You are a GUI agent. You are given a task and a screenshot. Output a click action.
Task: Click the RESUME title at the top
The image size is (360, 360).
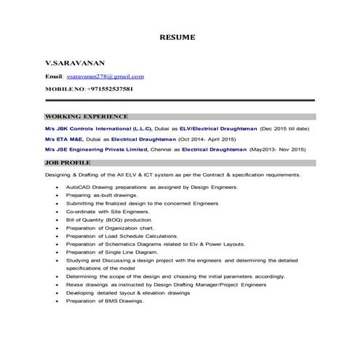tap(178, 36)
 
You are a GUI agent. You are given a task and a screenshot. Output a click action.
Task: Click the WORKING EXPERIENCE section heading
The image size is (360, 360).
tap(87, 116)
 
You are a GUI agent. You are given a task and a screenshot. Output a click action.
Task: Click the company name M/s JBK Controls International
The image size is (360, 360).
tap(96, 128)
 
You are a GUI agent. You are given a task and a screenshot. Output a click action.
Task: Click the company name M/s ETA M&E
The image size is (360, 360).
tap(65, 138)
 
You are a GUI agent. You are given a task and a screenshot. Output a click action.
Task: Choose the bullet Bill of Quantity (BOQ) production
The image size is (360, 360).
tap(109, 219)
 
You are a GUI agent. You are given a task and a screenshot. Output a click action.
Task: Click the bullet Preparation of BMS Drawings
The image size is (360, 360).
tap(105, 301)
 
